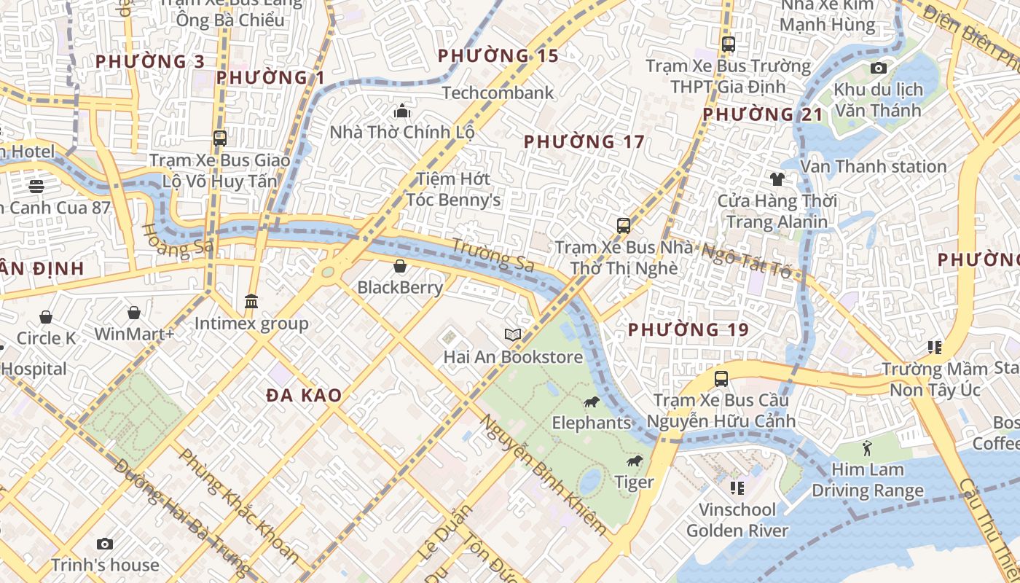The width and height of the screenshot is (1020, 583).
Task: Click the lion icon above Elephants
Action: click(x=591, y=402)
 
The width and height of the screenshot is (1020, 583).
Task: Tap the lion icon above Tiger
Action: click(x=635, y=461)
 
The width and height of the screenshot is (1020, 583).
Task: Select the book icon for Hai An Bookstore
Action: click(x=513, y=334)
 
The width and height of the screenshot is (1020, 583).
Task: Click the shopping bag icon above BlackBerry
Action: click(x=399, y=266)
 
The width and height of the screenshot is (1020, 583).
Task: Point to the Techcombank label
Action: click(x=498, y=93)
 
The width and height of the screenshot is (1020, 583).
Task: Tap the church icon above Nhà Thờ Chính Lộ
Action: click(x=401, y=111)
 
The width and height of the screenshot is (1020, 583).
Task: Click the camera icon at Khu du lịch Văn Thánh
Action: click(x=879, y=69)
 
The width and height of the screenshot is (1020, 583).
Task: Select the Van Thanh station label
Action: click(x=873, y=166)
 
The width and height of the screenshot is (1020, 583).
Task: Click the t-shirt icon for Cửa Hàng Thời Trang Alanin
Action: click(x=777, y=179)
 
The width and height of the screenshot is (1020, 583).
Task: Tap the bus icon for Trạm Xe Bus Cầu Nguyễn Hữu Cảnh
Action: click(x=721, y=379)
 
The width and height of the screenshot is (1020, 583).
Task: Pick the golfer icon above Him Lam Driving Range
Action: click(x=866, y=447)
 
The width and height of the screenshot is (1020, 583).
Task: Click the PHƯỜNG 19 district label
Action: click(x=688, y=329)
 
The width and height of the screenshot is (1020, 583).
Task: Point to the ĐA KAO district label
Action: click(x=304, y=395)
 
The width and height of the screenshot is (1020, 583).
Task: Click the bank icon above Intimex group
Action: click(x=251, y=301)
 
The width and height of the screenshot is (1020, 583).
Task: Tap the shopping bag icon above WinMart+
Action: click(x=134, y=313)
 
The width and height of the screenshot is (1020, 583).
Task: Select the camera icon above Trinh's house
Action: click(x=105, y=544)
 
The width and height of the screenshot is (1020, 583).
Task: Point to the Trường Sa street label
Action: click(x=493, y=255)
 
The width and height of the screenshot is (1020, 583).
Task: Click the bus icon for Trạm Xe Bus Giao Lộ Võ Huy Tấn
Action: click(x=219, y=138)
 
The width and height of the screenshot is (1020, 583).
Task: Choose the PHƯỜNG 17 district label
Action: click(x=584, y=141)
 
